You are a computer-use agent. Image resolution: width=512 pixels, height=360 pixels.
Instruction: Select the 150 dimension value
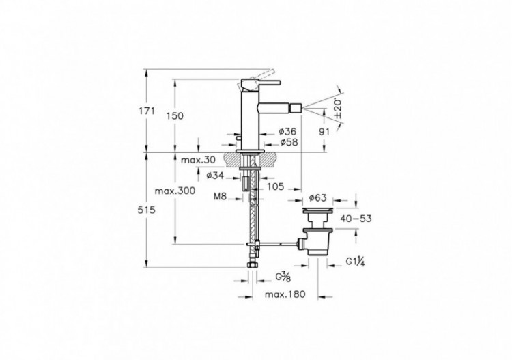click(x=175, y=116)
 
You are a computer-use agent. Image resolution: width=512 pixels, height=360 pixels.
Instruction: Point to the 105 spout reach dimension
click(x=276, y=186)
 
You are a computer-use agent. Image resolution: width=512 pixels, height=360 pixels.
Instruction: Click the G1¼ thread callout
click(x=356, y=261)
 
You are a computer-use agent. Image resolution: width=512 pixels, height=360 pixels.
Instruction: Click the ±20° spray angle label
click(x=337, y=107)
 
